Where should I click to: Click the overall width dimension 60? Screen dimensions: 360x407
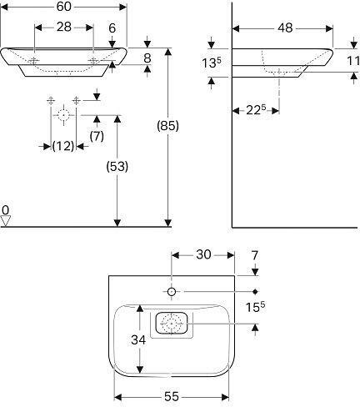pos(64,7)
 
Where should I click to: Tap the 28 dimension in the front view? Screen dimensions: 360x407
pos(64,28)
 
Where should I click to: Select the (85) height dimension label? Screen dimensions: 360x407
pos(167,127)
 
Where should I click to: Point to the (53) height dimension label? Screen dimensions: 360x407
pos(117,167)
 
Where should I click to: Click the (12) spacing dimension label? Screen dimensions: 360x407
pos(63,146)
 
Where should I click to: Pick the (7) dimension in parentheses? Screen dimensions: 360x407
pos(97,136)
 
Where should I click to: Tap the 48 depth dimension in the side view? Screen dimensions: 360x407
pos(285,28)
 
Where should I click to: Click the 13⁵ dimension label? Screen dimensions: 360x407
pos(212,63)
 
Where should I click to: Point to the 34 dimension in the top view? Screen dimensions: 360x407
pos(138,339)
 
